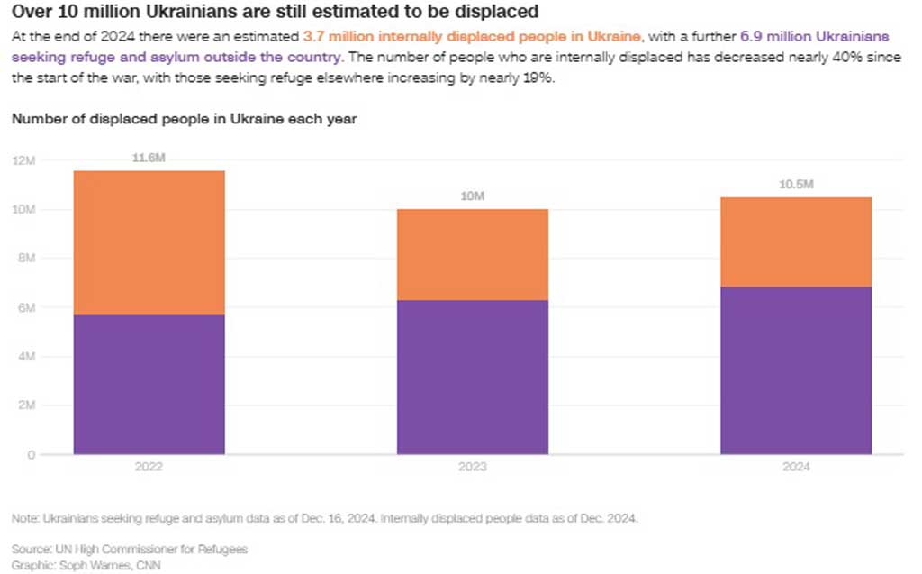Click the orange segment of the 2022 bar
tap(149, 242)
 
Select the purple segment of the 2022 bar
tap(149, 384)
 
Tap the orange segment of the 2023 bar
tap(472, 254)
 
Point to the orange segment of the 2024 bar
tap(796, 241)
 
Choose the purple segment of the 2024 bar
tap(796, 370)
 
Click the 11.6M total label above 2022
tap(149, 158)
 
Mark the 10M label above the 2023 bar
tap(472, 196)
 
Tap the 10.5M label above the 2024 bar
tap(796, 185)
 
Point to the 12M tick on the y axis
tap(23, 160)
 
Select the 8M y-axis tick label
tap(25, 259)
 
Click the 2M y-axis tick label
tap(25, 405)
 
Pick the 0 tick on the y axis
tap(31, 455)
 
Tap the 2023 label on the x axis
tap(472, 468)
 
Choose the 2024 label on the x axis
tap(796, 468)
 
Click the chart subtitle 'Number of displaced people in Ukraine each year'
tap(185, 119)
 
